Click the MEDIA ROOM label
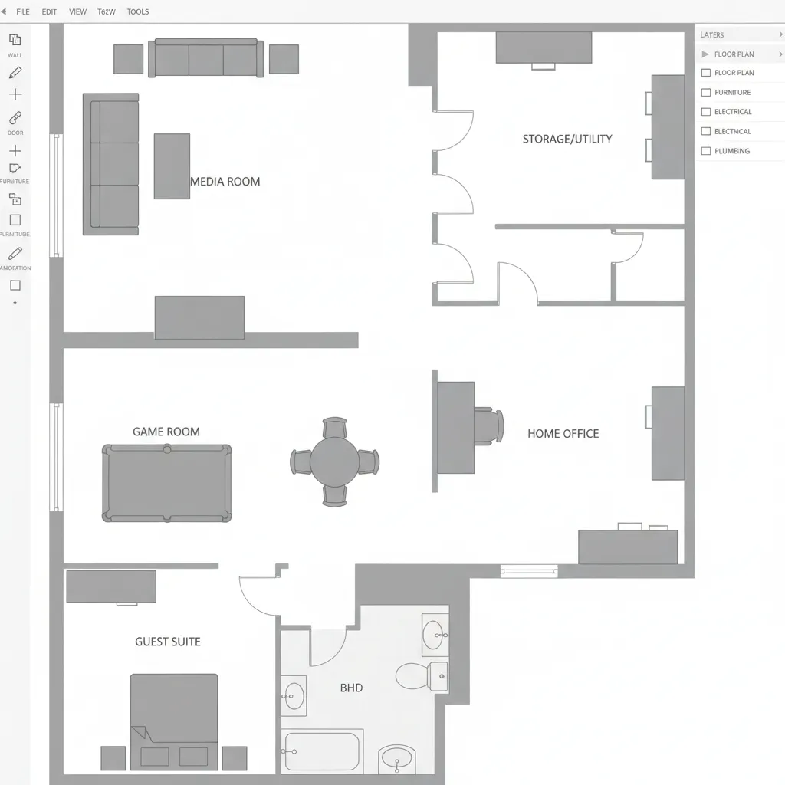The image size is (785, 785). pyautogui.click(x=225, y=182)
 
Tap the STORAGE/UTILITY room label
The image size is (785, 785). pyautogui.click(x=567, y=139)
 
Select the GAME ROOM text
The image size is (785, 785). pyautogui.click(x=166, y=432)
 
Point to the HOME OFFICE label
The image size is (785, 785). pyautogui.click(x=563, y=433)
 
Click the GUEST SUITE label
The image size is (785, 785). pyautogui.click(x=168, y=642)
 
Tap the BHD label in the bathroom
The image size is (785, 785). pyautogui.click(x=351, y=688)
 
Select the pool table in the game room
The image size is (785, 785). pyautogui.click(x=166, y=483)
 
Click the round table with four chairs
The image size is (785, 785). pyautogui.click(x=334, y=461)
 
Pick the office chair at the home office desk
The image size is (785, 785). pyautogui.click(x=488, y=426)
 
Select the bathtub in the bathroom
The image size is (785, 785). pyautogui.click(x=321, y=752)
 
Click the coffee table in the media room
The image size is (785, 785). pyautogui.click(x=172, y=166)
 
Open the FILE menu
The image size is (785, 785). pyautogui.click(x=23, y=12)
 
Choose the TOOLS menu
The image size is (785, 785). pyautogui.click(x=138, y=12)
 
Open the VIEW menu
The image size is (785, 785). pyautogui.click(x=77, y=12)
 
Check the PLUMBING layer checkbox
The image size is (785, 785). pyautogui.click(x=706, y=151)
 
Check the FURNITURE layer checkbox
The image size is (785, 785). pyautogui.click(x=706, y=92)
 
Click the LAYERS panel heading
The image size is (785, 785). pyautogui.click(x=712, y=35)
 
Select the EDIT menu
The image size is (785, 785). pyautogui.click(x=49, y=12)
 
